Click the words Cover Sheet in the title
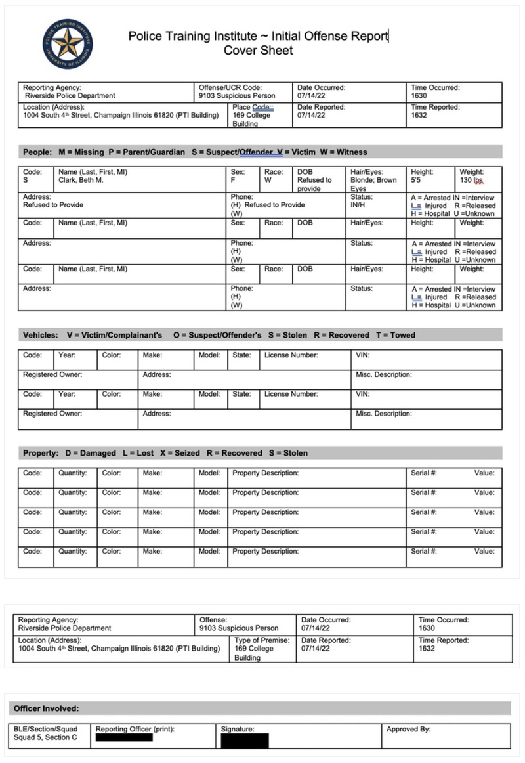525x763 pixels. click(258, 51)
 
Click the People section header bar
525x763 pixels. click(261, 152)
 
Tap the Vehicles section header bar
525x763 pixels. click(261, 335)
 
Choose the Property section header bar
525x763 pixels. click(261, 453)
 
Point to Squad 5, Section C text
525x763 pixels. click(45, 737)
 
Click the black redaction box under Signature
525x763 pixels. click(245, 741)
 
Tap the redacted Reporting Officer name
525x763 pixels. click(124, 738)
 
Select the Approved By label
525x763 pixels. click(409, 729)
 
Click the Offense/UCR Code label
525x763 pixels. click(230, 87)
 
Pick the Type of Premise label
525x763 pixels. click(262, 640)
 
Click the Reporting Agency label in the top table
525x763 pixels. click(52, 87)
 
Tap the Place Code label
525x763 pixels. click(253, 107)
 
